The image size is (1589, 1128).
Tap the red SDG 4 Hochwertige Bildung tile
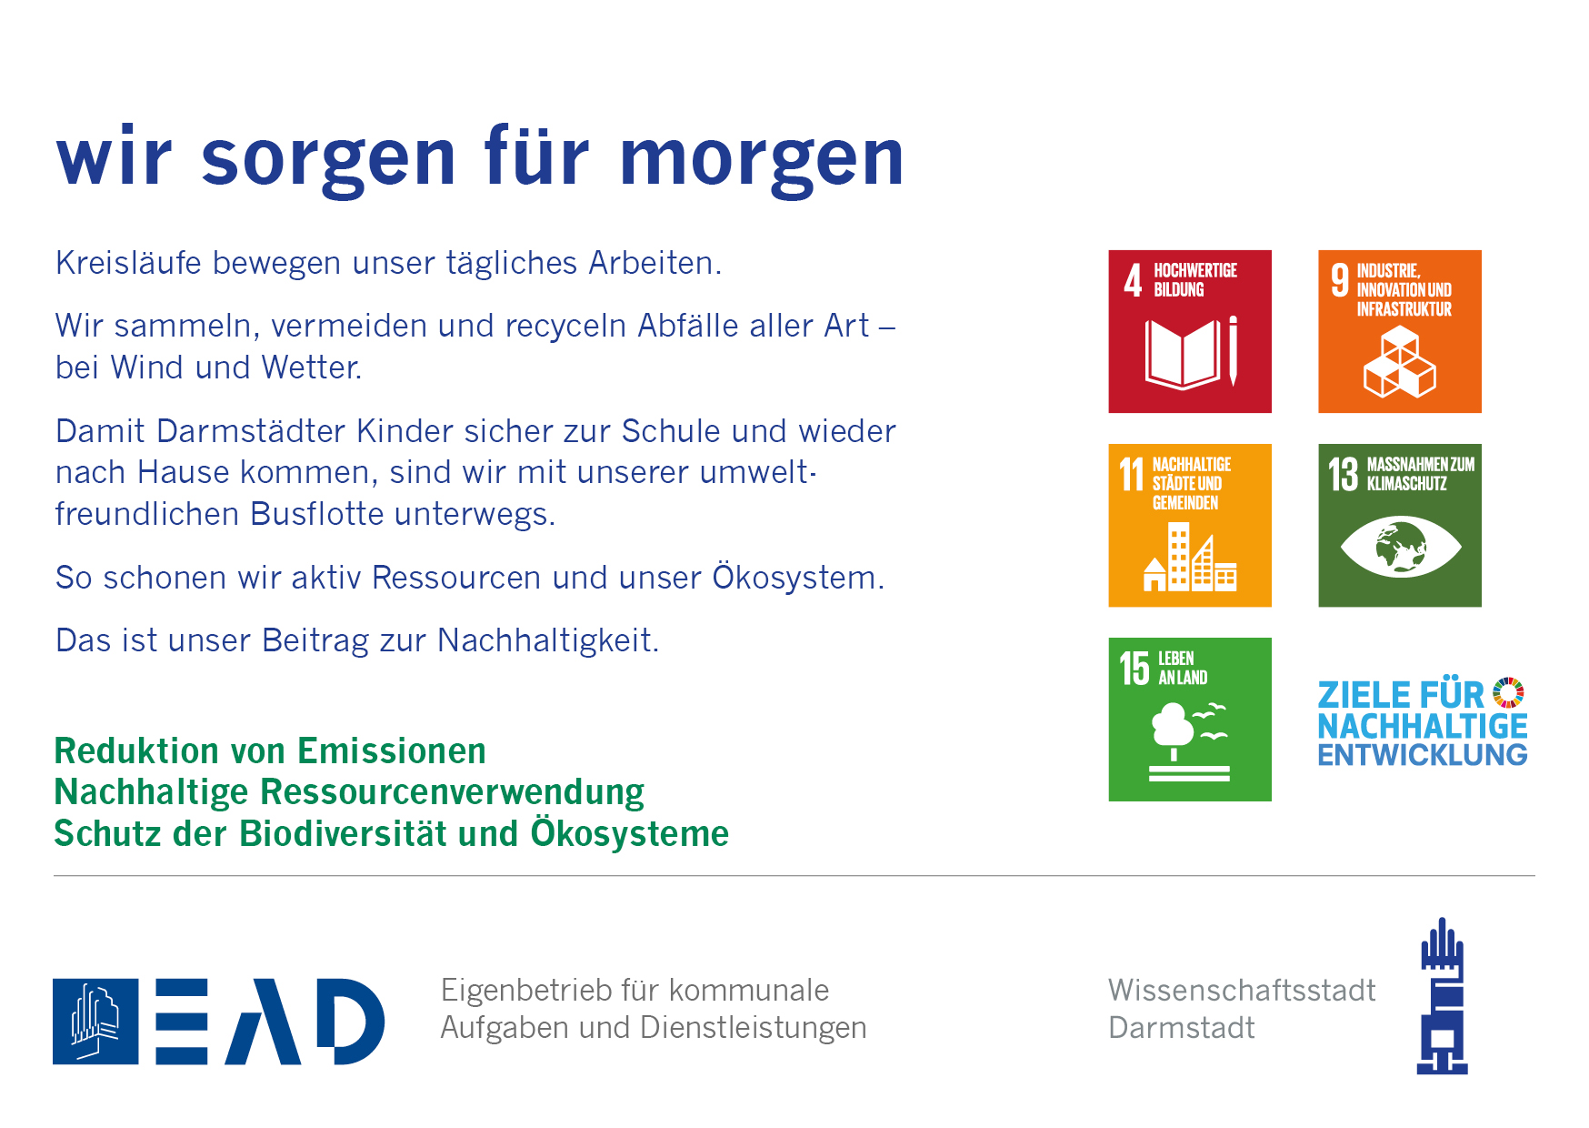(x=1190, y=331)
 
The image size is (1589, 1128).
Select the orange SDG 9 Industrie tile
(x=1400, y=331)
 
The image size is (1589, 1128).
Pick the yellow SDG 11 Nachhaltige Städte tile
(x=1190, y=525)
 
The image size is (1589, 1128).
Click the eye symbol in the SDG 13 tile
(x=1401, y=547)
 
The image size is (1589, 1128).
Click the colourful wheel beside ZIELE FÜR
(x=1509, y=692)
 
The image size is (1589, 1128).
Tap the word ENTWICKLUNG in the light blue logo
(x=1423, y=755)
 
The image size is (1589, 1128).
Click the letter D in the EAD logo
(x=350, y=1022)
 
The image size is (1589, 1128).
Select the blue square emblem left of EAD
(x=95, y=1022)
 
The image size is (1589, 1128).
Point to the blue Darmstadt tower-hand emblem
(x=1443, y=996)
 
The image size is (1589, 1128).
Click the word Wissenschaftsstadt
(x=1242, y=990)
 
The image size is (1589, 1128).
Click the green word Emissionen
(x=392, y=751)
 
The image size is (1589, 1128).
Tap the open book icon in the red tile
(x=1183, y=355)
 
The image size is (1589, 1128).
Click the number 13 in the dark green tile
(x=1343, y=474)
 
